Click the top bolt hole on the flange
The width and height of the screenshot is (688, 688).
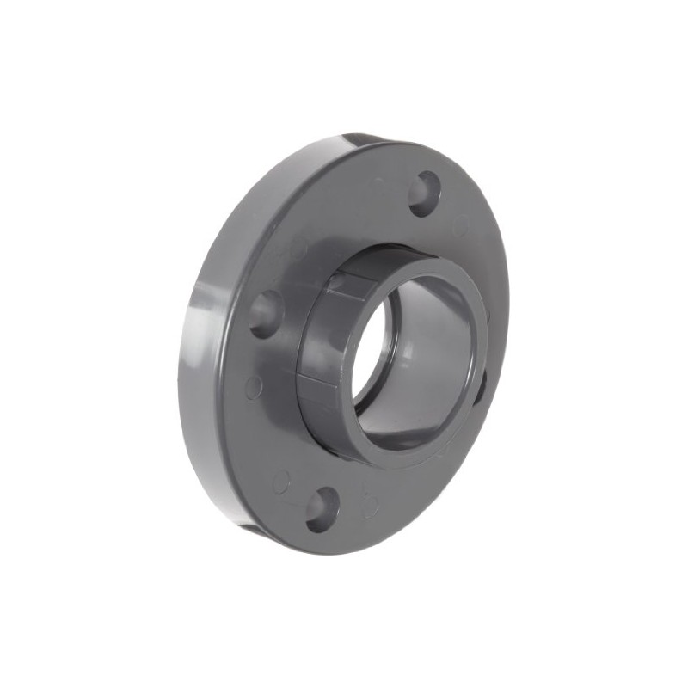pyautogui.click(x=424, y=193)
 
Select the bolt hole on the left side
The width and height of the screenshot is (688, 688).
pyautogui.click(x=266, y=313)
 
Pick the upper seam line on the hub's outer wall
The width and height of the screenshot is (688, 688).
pyautogui.click(x=348, y=288)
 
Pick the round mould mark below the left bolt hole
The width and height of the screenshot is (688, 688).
pyautogui.click(x=253, y=386)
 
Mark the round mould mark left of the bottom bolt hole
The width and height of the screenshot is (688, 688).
pyautogui.click(x=281, y=481)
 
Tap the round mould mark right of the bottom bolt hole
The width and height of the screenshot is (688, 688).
pyautogui.click(x=371, y=506)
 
